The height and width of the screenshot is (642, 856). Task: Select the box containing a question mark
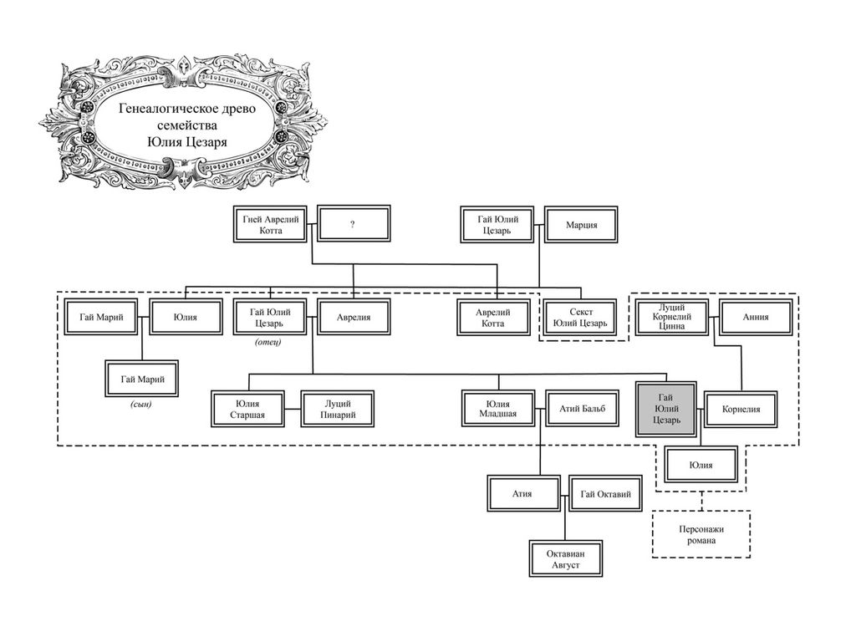(x=353, y=225)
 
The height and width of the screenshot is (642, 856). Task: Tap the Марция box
(x=581, y=225)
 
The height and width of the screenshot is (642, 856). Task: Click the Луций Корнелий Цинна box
(x=671, y=318)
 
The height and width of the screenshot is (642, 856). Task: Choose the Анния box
(x=755, y=318)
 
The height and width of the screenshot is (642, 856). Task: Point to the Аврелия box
(x=353, y=318)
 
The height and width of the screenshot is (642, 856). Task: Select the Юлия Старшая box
(x=247, y=410)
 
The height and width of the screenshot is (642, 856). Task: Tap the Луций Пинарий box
(x=337, y=410)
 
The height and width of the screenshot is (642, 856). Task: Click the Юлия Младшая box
(x=497, y=410)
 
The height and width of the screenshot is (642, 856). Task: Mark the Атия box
(x=522, y=494)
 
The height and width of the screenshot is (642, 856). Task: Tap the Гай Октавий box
(x=605, y=494)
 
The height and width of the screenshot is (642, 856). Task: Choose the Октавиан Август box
(x=564, y=559)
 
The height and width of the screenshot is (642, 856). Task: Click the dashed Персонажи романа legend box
(x=701, y=533)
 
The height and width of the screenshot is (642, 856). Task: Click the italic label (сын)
(x=141, y=405)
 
